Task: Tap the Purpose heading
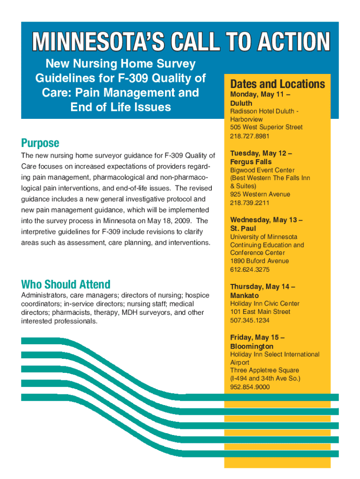(x=40, y=143)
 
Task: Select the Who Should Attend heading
(x=65, y=284)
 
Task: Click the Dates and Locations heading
(x=277, y=84)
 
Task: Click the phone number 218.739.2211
(x=250, y=203)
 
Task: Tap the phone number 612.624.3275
(x=250, y=270)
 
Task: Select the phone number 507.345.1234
(x=250, y=320)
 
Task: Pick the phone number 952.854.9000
(x=250, y=387)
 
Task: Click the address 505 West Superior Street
(x=266, y=127)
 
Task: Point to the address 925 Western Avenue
(x=260, y=194)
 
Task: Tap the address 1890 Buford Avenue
(x=259, y=261)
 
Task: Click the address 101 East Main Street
(x=260, y=312)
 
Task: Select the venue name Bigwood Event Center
(x=262, y=170)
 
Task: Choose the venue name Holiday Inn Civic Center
(x=265, y=304)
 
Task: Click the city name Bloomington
(x=252, y=346)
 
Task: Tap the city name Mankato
(x=244, y=296)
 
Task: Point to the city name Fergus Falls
(x=251, y=162)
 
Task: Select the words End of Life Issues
(x=120, y=107)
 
